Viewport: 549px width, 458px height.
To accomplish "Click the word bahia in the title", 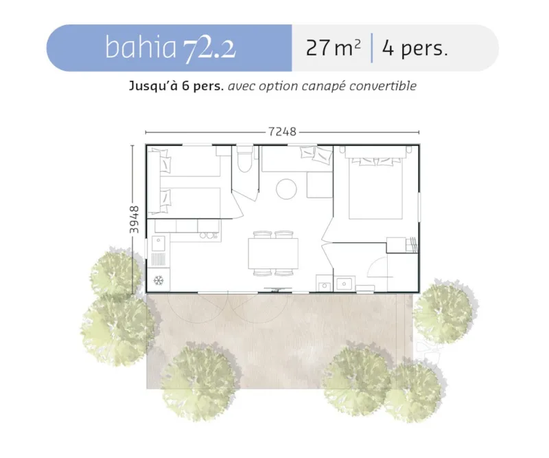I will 141,47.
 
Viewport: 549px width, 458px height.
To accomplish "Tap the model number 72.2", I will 209,47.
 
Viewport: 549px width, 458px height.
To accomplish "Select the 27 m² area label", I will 333,49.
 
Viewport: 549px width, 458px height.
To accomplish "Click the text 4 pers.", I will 414,49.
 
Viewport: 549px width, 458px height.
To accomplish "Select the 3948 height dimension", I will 135,219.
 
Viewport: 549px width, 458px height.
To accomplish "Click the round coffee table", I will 286,188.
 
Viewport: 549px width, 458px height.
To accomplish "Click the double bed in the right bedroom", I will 376,185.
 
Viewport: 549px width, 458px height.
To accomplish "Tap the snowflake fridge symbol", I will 159,280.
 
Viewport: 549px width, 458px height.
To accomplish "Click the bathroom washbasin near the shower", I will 344,283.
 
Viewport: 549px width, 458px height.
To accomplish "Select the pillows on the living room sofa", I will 318,155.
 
